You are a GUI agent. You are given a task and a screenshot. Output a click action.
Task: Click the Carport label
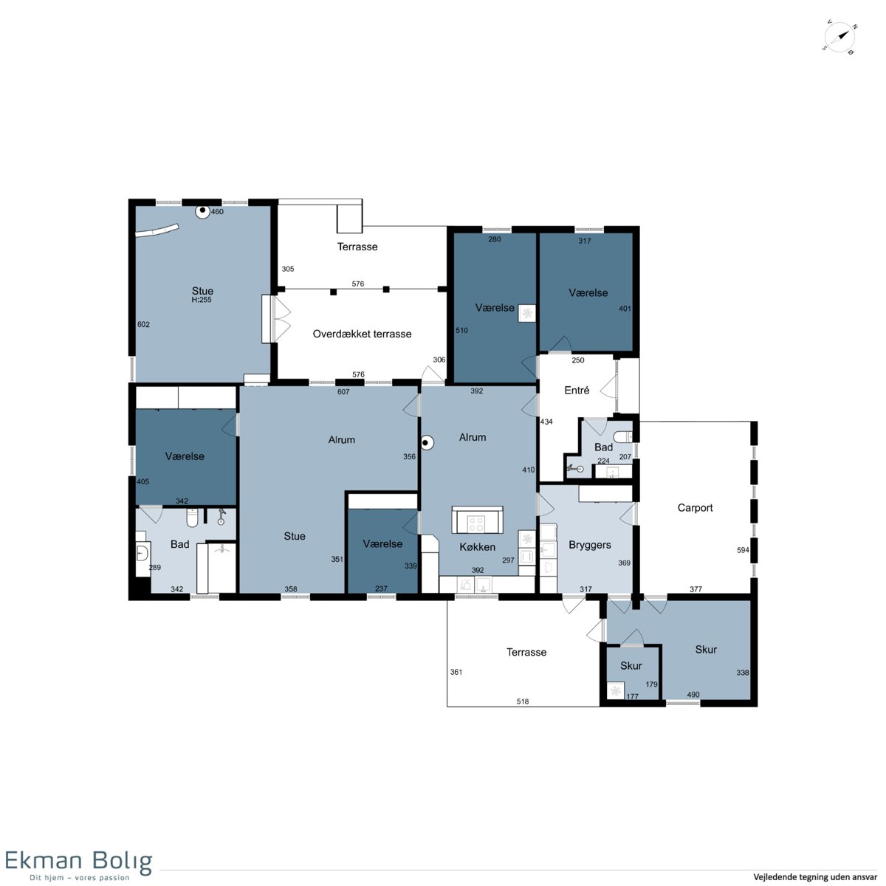(x=695, y=507)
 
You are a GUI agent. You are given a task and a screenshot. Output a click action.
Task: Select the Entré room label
(x=577, y=390)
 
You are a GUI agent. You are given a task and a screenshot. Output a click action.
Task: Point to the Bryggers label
(x=589, y=545)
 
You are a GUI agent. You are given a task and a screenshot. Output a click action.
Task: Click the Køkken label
(x=477, y=546)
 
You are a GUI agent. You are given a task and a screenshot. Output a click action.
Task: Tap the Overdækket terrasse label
(x=362, y=334)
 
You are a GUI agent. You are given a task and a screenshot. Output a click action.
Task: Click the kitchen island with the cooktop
(x=477, y=520)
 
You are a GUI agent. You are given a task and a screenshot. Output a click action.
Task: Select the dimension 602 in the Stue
(x=143, y=324)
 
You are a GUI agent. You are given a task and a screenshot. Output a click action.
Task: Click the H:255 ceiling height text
(x=202, y=300)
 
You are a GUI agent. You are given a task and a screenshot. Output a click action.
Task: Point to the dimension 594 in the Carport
(x=743, y=550)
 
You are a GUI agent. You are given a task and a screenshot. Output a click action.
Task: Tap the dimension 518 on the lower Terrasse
(x=522, y=701)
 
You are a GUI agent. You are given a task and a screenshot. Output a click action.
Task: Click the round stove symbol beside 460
(x=202, y=212)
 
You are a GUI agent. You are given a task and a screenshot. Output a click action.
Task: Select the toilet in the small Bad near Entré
(x=623, y=436)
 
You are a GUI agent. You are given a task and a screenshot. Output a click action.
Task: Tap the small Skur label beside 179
(x=631, y=665)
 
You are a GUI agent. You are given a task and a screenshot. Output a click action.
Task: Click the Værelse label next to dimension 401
(x=588, y=292)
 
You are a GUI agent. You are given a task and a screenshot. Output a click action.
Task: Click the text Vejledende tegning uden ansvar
(x=815, y=877)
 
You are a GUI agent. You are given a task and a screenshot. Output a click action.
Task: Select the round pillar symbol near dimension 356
(x=427, y=443)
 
